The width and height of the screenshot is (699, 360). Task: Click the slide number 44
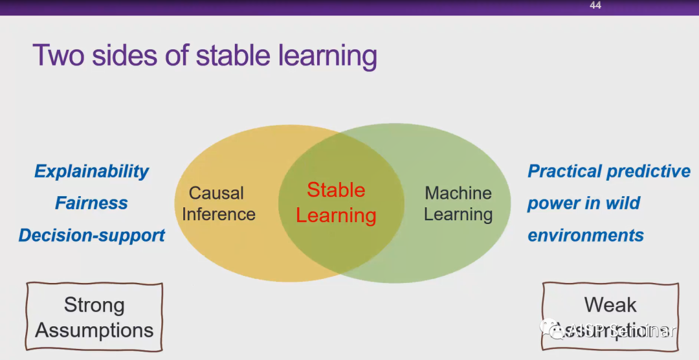point(595,6)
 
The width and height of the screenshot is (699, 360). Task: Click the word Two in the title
point(59,56)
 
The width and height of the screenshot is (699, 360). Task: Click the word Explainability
point(91,172)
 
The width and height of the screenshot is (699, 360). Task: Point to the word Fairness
point(91,203)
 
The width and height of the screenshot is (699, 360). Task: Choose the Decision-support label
point(91,236)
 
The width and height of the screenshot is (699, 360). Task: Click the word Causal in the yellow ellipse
point(216,193)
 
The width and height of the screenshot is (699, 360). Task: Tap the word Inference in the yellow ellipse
point(219,214)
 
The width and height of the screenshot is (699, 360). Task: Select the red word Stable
point(336,190)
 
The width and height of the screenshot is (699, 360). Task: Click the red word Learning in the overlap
point(336,216)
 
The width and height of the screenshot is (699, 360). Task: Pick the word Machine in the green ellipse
point(458,193)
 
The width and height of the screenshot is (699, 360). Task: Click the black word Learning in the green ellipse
point(458,214)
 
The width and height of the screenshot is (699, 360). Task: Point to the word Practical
point(565,172)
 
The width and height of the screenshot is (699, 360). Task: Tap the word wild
point(621,203)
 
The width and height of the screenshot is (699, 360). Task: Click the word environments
point(586,236)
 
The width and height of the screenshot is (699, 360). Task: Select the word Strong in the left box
point(94,305)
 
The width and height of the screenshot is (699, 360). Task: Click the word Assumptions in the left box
point(94,330)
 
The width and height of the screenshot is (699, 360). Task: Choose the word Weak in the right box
point(610,305)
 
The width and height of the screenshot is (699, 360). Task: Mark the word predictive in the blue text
point(649,172)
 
